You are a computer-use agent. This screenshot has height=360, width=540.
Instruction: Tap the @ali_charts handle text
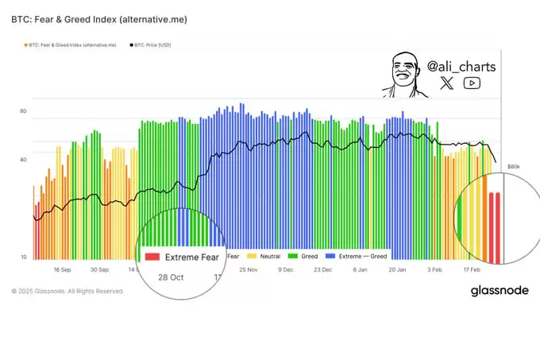pyautogui.click(x=461, y=67)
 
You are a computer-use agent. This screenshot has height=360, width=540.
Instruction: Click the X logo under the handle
pyautogui.click(x=447, y=83)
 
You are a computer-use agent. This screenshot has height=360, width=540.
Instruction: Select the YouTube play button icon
pyautogui.click(x=472, y=83)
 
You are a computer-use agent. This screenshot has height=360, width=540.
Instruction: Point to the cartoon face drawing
pyautogui.click(x=402, y=75)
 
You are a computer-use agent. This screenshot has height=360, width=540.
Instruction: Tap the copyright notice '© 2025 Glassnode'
pyautogui.click(x=67, y=292)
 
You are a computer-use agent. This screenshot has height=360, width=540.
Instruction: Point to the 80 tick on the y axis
pyautogui.click(x=23, y=111)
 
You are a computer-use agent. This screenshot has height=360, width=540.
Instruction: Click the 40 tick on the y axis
pyautogui.click(x=23, y=160)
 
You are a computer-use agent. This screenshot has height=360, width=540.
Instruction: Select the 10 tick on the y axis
pyautogui.click(x=23, y=257)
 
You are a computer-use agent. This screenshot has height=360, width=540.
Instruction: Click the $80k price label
pyautogui.click(x=513, y=167)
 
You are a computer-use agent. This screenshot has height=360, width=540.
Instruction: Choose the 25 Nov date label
pyautogui.click(x=248, y=270)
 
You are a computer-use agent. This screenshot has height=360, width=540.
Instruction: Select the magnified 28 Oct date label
pyautogui.click(x=171, y=277)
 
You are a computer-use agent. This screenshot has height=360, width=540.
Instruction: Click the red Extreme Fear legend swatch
pyautogui.click(x=152, y=257)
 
